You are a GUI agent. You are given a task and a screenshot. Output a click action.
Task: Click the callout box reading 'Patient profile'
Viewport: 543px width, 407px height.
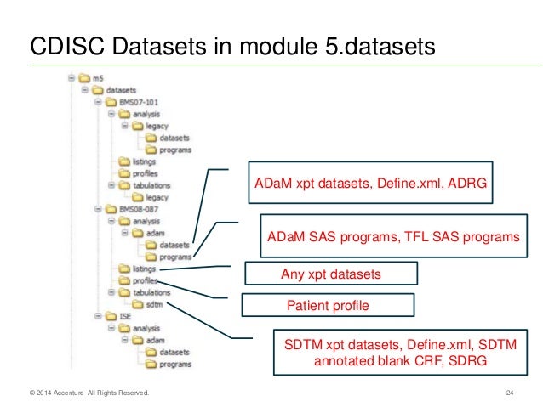[328, 305]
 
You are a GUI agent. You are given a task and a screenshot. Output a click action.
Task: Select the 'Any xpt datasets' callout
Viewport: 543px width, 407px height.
[330, 274]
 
